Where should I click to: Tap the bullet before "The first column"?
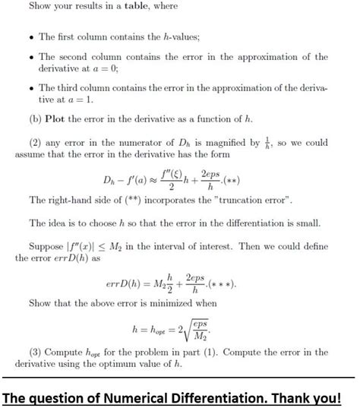click(30, 37)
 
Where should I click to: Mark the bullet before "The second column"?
click(30, 58)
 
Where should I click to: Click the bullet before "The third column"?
click(30, 89)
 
